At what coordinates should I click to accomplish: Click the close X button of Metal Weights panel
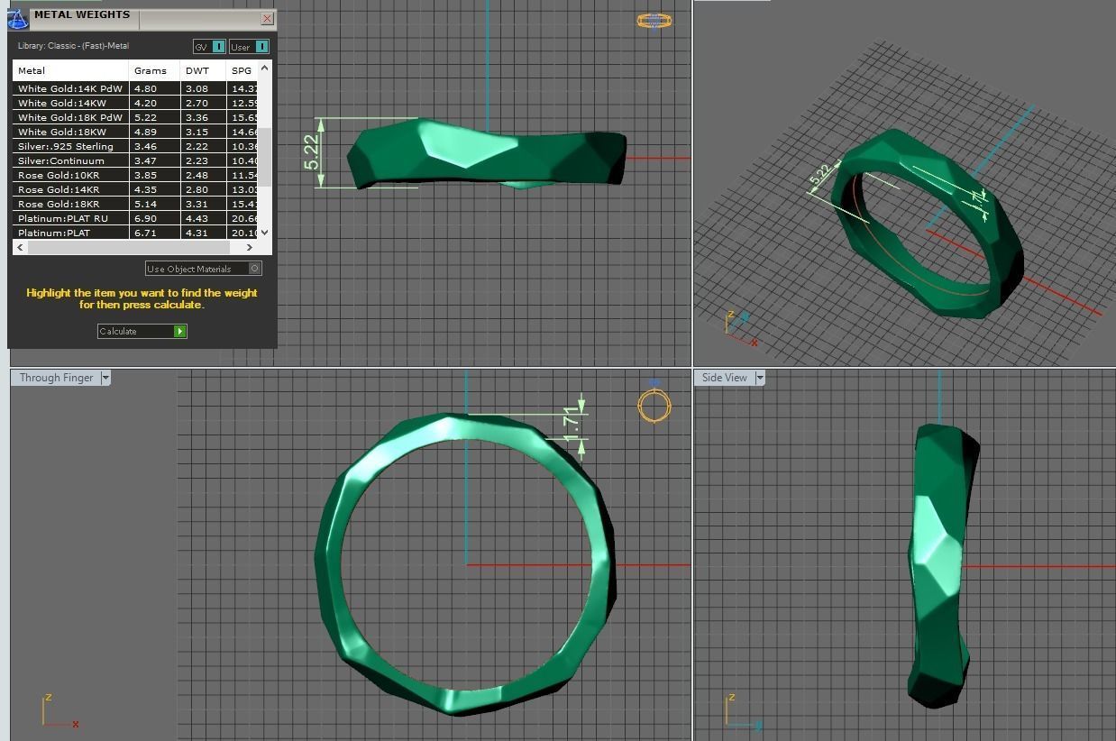pyautogui.click(x=267, y=18)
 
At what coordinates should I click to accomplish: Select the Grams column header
pyautogui.click(x=151, y=70)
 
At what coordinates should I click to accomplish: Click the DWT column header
pyautogui.click(x=197, y=70)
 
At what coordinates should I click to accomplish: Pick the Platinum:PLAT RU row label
pyautogui.click(x=63, y=218)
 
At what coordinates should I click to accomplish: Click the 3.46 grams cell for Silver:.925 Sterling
pyautogui.click(x=145, y=146)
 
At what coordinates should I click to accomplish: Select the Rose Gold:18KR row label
pyautogui.click(x=59, y=204)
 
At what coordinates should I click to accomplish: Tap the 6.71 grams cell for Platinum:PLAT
pyautogui.click(x=145, y=233)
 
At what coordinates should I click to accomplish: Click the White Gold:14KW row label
pyautogui.click(x=62, y=103)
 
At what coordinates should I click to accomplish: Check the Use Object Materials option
pyautogui.click(x=255, y=269)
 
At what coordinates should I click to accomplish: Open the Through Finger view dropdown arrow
pyautogui.click(x=105, y=378)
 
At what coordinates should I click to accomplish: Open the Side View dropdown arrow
pyautogui.click(x=760, y=378)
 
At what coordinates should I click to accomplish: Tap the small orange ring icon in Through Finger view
pyautogui.click(x=654, y=407)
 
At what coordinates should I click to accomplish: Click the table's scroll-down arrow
pyautogui.click(x=264, y=233)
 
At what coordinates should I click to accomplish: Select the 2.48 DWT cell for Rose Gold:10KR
pyautogui.click(x=197, y=175)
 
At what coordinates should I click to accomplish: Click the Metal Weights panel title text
pyautogui.click(x=82, y=14)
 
